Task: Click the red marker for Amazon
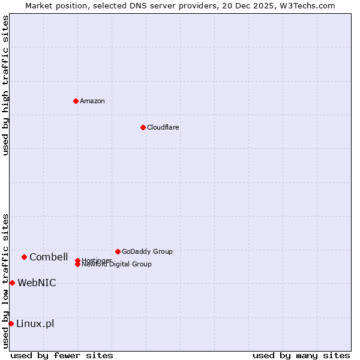point(76,101)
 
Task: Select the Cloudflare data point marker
point(143,127)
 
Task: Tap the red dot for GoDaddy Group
point(118,251)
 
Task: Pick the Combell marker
point(24,257)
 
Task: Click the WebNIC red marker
point(12,283)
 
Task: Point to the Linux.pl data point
point(11,323)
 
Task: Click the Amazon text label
point(92,101)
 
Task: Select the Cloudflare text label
point(163,127)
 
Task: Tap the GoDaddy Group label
point(147,251)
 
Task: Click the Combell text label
point(49,257)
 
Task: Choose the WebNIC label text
point(37,283)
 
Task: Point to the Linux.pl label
point(35,323)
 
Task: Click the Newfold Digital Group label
point(116,265)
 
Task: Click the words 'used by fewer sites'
point(62,355)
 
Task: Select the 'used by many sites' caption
point(301,355)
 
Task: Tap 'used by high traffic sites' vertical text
point(5,85)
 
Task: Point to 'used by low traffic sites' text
point(5,281)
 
